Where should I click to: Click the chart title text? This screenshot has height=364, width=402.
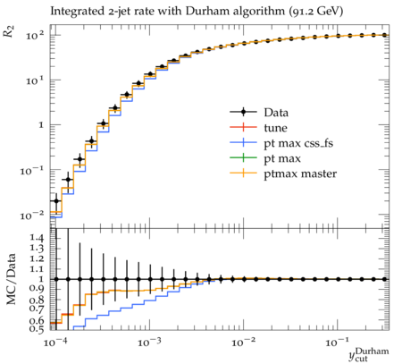(197, 12)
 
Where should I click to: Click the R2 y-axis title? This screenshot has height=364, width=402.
(9, 31)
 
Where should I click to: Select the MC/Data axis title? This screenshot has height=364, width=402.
(11, 279)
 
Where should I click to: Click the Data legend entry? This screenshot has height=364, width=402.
(259, 113)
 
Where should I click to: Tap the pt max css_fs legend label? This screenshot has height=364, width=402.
(298, 143)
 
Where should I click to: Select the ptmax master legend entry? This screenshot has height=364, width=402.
(283, 174)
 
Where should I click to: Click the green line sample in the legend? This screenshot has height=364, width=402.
(243, 158)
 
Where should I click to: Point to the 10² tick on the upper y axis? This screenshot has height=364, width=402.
(35, 36)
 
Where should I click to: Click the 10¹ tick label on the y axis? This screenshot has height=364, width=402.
(35, 80)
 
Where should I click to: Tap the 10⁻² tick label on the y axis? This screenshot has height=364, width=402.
(32, 216)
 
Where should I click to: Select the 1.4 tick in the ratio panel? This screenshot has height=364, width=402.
(36, 238)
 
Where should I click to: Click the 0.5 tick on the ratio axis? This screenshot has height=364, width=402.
(36, 328)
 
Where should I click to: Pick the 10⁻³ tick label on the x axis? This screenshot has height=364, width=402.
(149, 342)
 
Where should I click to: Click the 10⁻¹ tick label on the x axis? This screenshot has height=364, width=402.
(338, 342)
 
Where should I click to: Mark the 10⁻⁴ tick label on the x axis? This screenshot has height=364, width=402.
(55, 342)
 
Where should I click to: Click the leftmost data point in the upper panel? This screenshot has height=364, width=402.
(56, 201)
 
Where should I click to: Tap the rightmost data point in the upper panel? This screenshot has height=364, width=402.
(384, 35)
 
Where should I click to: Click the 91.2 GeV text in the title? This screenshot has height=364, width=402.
(315, 12)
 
